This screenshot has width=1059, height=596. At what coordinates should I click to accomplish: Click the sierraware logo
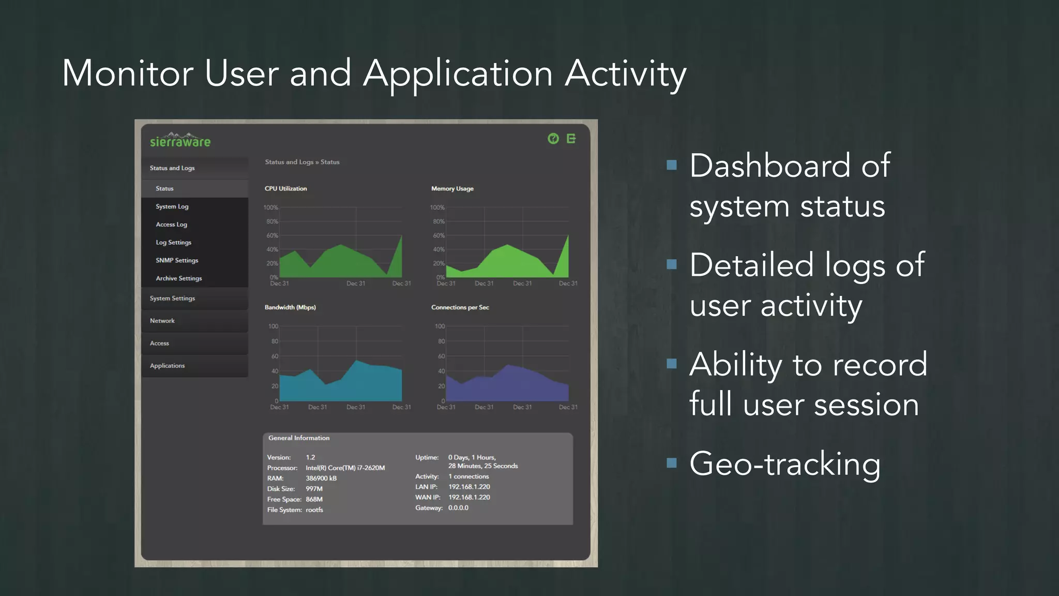[180, 141]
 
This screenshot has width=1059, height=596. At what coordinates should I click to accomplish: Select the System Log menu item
[172, 206]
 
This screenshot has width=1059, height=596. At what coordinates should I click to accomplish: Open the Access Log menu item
[171, 225]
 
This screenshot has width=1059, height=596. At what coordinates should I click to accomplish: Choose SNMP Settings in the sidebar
[177, 260]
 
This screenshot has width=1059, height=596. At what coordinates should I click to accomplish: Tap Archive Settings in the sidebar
[179, 278]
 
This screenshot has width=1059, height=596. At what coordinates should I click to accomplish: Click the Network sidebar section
[162, 321]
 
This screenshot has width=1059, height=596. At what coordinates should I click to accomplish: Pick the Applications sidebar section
[167, 366]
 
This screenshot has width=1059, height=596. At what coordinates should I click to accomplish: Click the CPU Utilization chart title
[285, 189]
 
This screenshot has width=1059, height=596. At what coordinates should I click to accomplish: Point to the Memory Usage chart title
[452, 189]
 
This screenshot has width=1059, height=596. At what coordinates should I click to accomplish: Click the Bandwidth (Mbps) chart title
[290, 307]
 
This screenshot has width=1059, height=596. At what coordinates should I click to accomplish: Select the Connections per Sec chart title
[460, 307]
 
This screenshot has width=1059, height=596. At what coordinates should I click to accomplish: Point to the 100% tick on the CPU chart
[271, 207]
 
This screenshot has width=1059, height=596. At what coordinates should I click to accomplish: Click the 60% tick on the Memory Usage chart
[438, 235]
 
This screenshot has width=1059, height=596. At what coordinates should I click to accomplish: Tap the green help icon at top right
[553, 139]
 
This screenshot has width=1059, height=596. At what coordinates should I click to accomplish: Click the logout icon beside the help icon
[571, 139]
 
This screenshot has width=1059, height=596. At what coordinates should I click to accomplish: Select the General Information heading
[299, 438]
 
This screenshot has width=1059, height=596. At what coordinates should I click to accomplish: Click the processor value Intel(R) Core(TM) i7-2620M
[345, 468]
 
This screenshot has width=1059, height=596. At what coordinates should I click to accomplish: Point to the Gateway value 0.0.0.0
[458, 508]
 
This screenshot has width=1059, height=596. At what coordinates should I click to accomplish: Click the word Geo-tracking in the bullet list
[785, 464]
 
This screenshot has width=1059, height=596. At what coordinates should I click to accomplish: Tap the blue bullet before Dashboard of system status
[672, 165]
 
